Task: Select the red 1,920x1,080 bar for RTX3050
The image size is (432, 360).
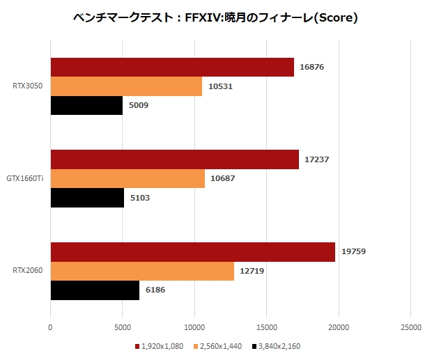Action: (172, 68)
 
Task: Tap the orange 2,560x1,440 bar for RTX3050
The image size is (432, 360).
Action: (126, 86)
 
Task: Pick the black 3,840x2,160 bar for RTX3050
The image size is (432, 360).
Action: (86, 105)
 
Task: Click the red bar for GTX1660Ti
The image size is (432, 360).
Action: (175, 160)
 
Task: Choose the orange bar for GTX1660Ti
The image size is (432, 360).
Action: (128, 179)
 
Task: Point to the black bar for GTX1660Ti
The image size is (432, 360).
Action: (87, 198)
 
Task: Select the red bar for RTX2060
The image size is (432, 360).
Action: (193, 252)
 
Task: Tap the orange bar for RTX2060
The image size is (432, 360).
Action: (142, 271)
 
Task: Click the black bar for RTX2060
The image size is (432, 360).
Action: (95, 290)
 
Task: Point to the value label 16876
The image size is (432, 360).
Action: (313, 68)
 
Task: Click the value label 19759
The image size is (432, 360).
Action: (354, 252)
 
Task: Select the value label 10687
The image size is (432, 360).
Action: (224, 179)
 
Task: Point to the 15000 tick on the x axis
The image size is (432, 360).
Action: (267, 325)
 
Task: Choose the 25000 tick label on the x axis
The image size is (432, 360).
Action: (410, 325)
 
